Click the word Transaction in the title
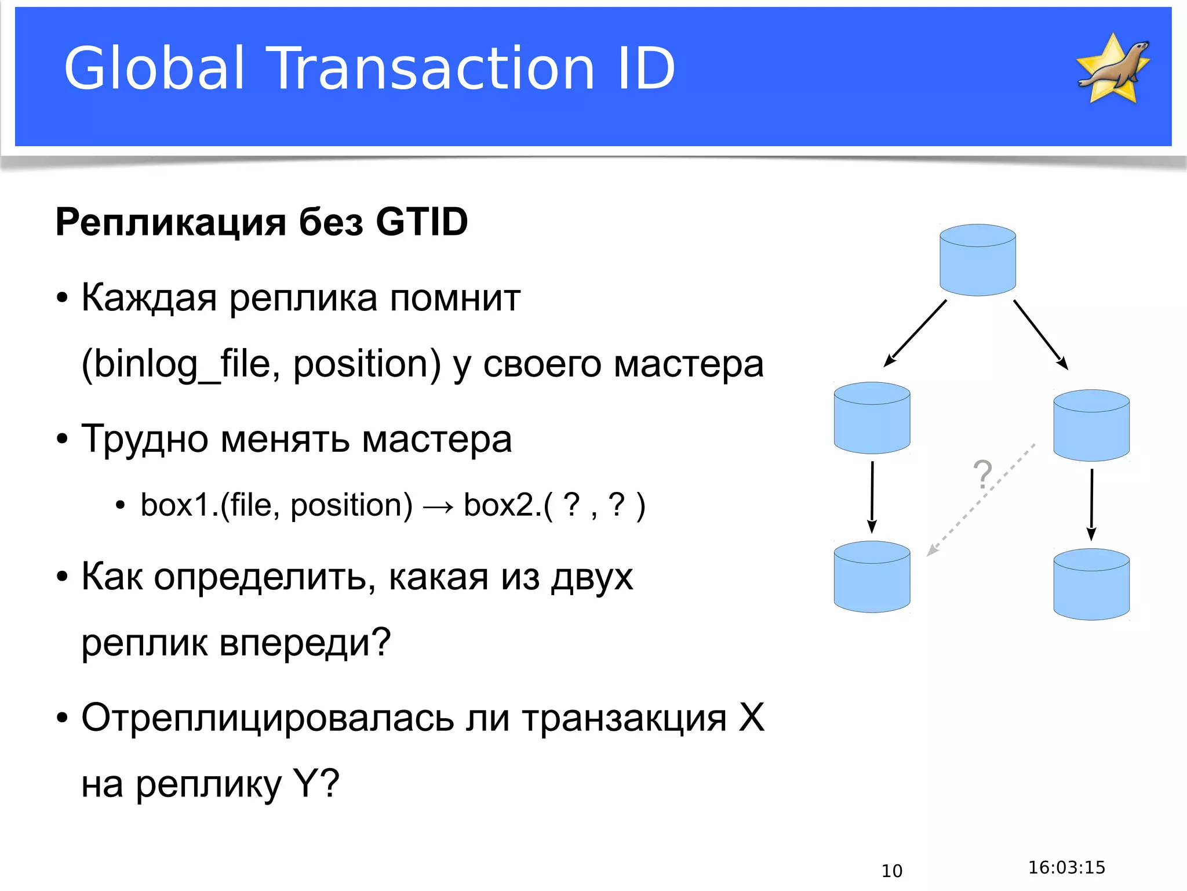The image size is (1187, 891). [433, 69]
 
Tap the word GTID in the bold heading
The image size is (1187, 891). [421, 222]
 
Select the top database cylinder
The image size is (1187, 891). [977, 260]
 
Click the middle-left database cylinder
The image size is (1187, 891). [872, 418]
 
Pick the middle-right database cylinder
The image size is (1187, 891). [1091, 425]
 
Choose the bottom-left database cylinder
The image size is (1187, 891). [872, 577]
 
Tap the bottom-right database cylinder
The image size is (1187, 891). [1091, 584]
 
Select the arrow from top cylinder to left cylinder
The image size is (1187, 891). [916, 333]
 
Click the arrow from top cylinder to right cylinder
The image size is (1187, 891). [1040, 335]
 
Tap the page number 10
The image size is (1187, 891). [891, 871]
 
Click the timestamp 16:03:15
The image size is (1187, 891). [1066, 867]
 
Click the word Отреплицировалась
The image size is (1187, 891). [267, 718]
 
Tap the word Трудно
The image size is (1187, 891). [144, 439]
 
